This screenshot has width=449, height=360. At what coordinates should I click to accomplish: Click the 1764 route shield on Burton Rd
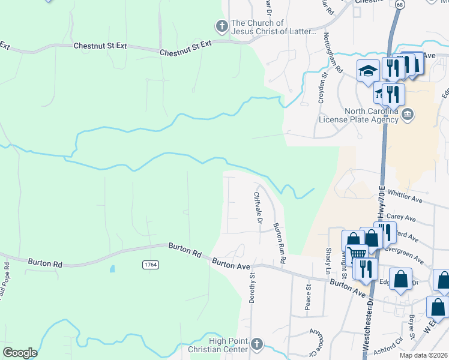pyautogui.click(x=150, y=265)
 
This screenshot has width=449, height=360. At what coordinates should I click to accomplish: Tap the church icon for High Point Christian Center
pyautogui.click(x=256, y=344)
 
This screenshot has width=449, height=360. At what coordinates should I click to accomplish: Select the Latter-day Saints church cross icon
pyautogui.click(x=221, y=26)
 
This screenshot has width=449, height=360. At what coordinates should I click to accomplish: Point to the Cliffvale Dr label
pyautogui.click(x=258, y=208)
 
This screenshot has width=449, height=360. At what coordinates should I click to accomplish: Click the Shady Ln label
pyautogui.click(x=328, y=262)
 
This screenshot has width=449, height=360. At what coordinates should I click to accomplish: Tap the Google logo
pyautogui.click(x=20, y=353)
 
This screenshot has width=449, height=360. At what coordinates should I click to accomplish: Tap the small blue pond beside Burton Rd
pyautogui.click(x=112, y=269)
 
